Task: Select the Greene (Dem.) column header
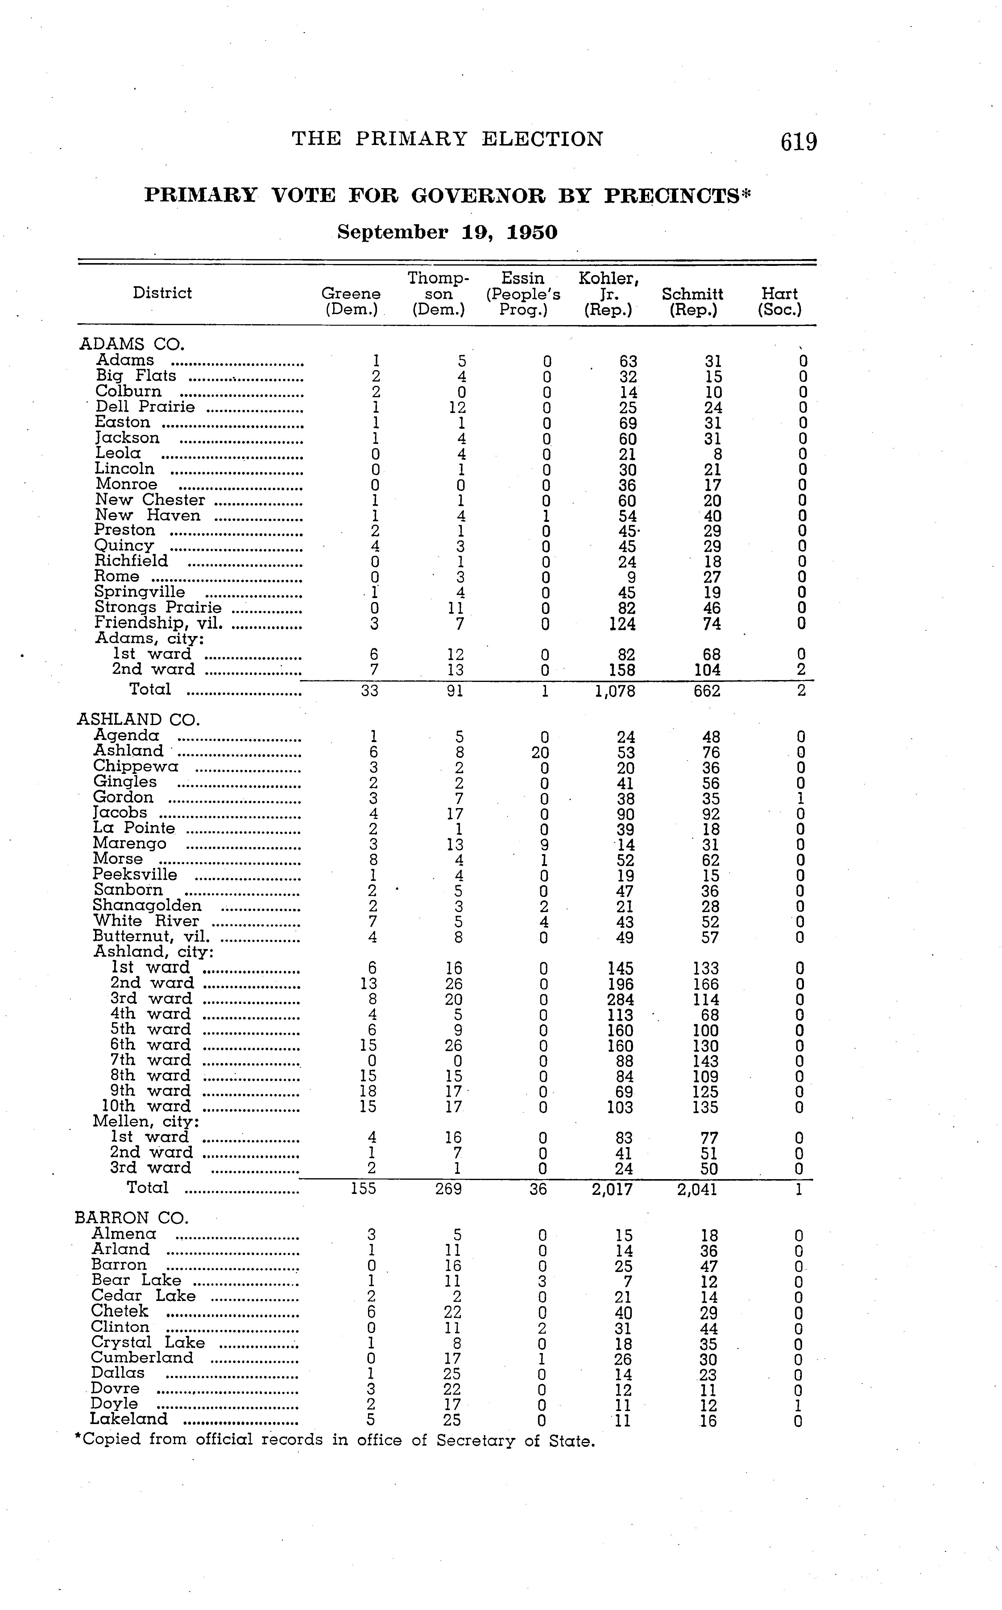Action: tap(350, 301)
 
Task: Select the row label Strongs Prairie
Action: tap(158, 608)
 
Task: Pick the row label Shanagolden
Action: tap(147, 906)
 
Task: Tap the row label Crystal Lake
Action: tap(148, 1342)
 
